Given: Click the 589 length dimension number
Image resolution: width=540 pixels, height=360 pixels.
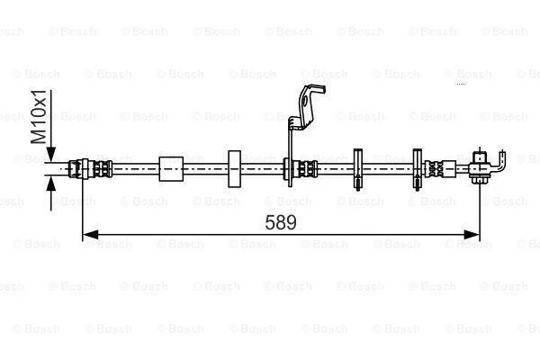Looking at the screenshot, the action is (x=280, y=222).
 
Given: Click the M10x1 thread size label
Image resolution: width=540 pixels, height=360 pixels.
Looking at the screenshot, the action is (x=39, y=116).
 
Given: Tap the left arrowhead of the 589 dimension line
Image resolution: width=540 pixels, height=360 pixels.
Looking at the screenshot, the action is (x=91, y=235).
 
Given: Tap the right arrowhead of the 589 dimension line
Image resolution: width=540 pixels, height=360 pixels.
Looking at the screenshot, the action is (x=472, y=235).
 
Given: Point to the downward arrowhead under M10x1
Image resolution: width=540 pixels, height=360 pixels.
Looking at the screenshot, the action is (x=50, y=154).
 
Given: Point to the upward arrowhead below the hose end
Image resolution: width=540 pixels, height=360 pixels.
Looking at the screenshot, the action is (x=50, y=184).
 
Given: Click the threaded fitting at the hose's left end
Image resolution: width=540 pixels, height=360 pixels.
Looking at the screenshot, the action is (x=90, y=169).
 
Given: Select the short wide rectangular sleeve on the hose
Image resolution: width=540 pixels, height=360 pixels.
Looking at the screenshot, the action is (x=171, y=169).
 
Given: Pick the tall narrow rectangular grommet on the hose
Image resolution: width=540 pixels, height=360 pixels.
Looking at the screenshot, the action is (x=235, y=169).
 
